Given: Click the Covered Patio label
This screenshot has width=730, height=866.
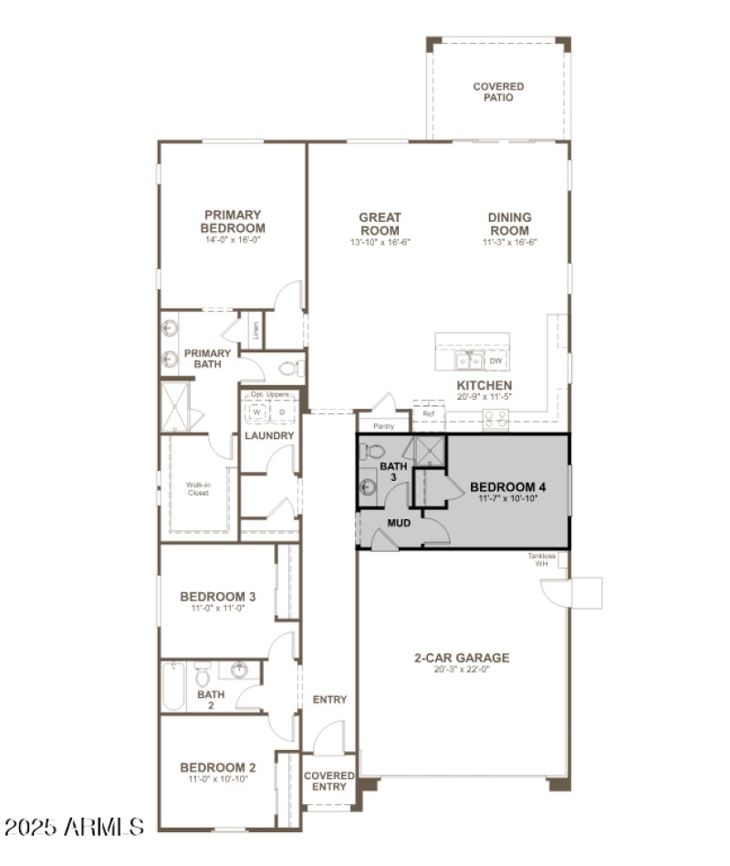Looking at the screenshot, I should pos(498,92).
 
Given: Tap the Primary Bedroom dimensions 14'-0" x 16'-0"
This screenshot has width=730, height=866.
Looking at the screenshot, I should pos(233,241).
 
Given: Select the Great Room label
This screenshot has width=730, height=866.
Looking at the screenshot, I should pos(380,224).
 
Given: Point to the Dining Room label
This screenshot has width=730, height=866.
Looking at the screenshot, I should pos(509,224).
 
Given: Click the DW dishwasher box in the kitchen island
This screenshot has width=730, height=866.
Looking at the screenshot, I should pos(495,361).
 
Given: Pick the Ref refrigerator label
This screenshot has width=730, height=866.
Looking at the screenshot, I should pos(428,413).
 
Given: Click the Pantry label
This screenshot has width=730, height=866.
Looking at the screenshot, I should pos(383,426).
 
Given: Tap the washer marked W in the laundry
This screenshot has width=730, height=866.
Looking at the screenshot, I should pos(256,412).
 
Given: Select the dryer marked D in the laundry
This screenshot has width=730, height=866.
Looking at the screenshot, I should pos(282,412).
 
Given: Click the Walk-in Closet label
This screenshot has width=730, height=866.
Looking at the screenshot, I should pos(198,488).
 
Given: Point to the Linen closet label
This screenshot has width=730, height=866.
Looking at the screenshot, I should pos(255,329).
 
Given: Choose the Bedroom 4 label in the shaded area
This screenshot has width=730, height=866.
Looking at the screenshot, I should pos(507,486).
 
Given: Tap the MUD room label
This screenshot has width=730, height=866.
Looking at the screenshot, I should pos(399,523).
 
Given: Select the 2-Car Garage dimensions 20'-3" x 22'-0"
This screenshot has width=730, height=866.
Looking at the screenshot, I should pos(462,670).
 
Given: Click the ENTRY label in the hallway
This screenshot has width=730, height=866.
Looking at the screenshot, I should pos(329,700).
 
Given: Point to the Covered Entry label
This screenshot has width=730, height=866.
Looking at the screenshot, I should pos(328,781).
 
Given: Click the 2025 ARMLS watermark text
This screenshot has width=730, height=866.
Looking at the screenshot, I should pos(74,827).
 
